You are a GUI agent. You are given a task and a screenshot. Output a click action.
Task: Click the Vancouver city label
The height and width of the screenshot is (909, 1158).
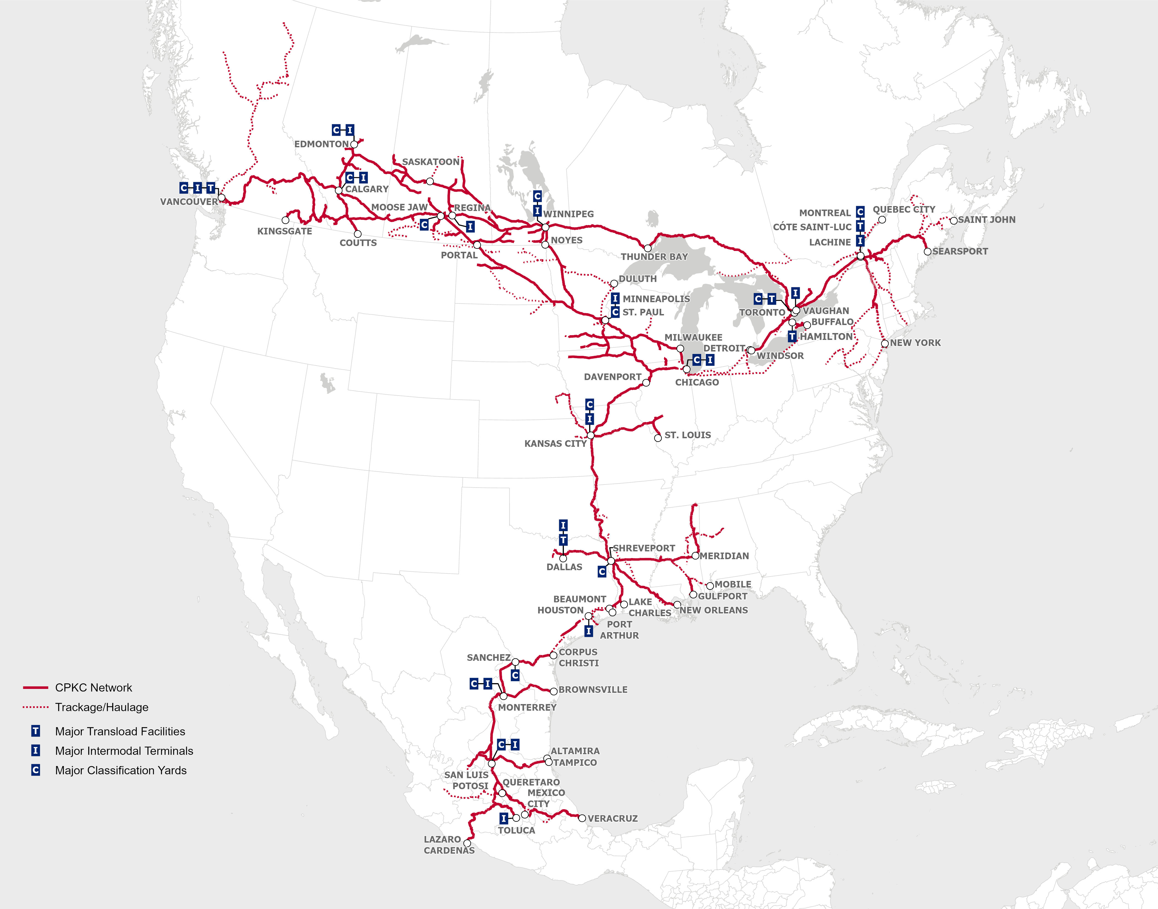pos(189,202)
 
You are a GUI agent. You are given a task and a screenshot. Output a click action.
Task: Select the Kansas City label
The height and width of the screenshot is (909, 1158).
pos(555,443)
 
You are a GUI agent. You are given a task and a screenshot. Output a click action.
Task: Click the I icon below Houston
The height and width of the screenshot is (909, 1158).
pos(589,631)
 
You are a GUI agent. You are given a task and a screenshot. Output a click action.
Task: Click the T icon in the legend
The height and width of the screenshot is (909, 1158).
pos(36,731)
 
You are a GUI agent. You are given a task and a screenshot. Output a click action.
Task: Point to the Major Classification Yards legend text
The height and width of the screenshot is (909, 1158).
pos(121,770)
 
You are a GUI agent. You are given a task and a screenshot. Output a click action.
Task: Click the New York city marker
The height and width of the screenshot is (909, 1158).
pos(885,343)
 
